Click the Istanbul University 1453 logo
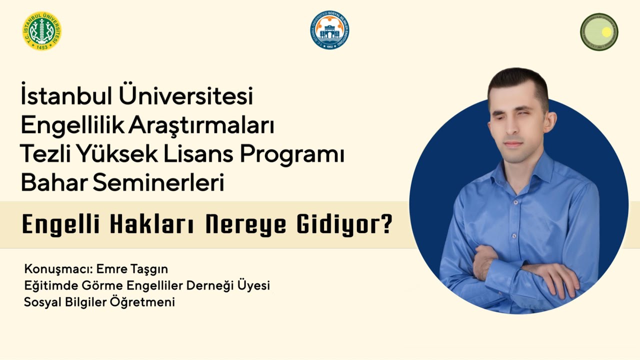click(x=42, y=31)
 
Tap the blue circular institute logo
click(x=329, y=30)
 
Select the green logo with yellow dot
click(x=599, y=32)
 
